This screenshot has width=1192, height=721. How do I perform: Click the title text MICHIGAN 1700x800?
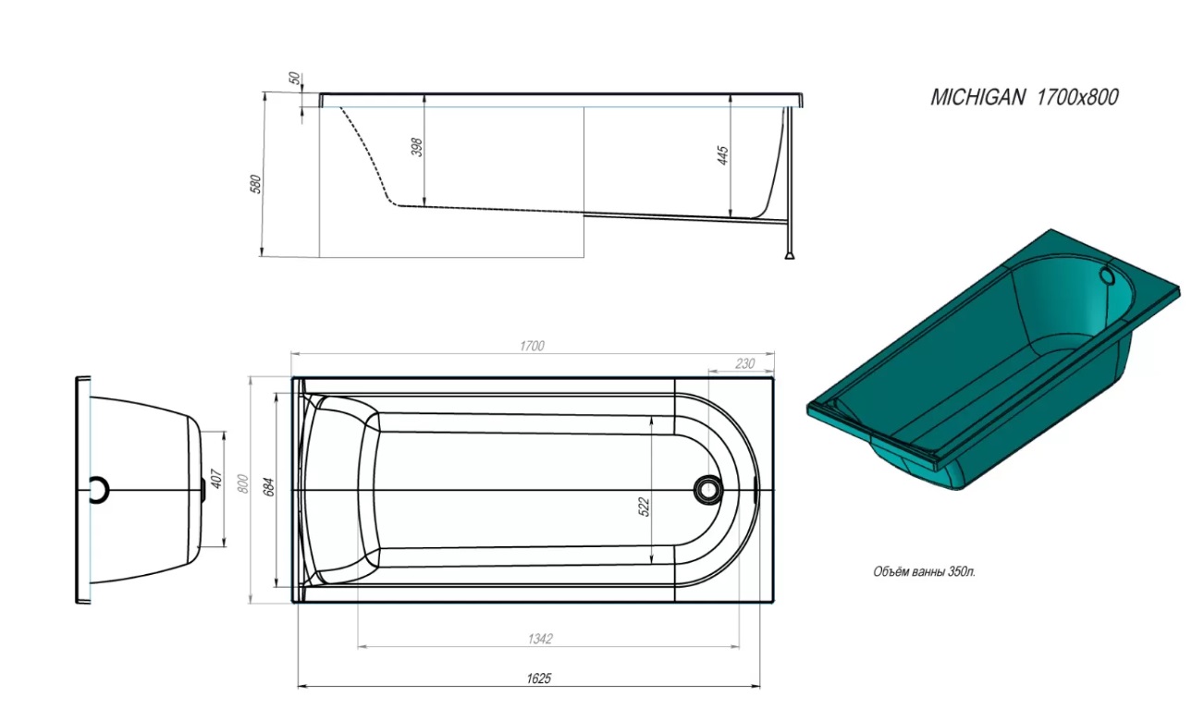[1024, 97]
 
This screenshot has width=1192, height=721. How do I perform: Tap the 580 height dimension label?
[256, 184]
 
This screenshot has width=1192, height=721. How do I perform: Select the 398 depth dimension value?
[417, 147]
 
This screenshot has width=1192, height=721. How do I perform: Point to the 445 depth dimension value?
[722, 155]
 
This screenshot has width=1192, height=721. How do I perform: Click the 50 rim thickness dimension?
[294, 79]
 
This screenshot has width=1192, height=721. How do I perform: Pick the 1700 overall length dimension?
[532, 347]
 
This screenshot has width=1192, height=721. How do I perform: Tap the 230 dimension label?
[744, 364]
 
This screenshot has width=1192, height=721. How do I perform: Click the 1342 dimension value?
[540, 639]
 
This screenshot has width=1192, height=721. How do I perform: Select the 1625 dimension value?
[538, 678]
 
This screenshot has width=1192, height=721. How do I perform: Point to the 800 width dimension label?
[242, 483]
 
